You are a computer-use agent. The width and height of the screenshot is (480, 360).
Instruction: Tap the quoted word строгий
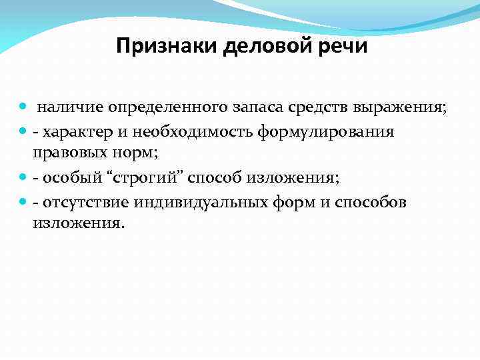pyautogui.click(x=146, y=177)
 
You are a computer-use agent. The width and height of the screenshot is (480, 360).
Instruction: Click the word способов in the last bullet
pyautogui.click(x=371, y=202)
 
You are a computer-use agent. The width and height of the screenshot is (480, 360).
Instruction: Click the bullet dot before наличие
pyautogui.click(x=23, y=107)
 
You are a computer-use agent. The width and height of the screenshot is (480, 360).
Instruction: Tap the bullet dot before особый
pyautogui.click(x=23, y=177)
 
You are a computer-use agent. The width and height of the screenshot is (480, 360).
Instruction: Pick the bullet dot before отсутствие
pyautogui.click(x=23, y=201)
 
